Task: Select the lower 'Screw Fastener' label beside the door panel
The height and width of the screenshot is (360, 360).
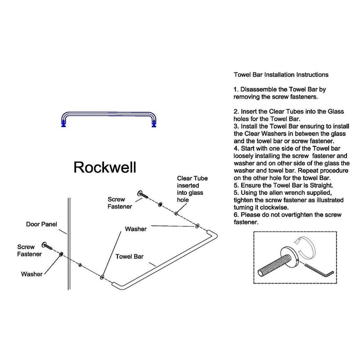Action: (x=29, y=250)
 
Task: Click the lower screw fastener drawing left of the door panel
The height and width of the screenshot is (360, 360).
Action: (x=48, y=246)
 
